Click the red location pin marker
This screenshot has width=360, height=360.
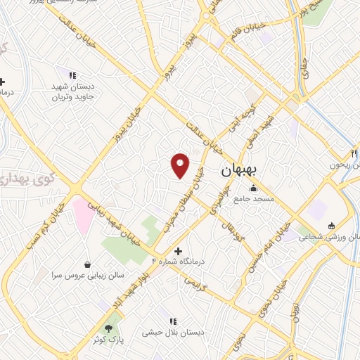point(181,165)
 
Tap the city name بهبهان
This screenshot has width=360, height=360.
point(240,170)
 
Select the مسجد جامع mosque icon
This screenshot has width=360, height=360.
point(253,188)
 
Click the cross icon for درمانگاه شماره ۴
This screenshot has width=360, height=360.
point(178,251)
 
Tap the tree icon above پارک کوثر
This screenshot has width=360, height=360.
point(108,328)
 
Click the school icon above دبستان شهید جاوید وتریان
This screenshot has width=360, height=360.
point(71,75)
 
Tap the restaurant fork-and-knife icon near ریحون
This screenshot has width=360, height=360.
point(354,153)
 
